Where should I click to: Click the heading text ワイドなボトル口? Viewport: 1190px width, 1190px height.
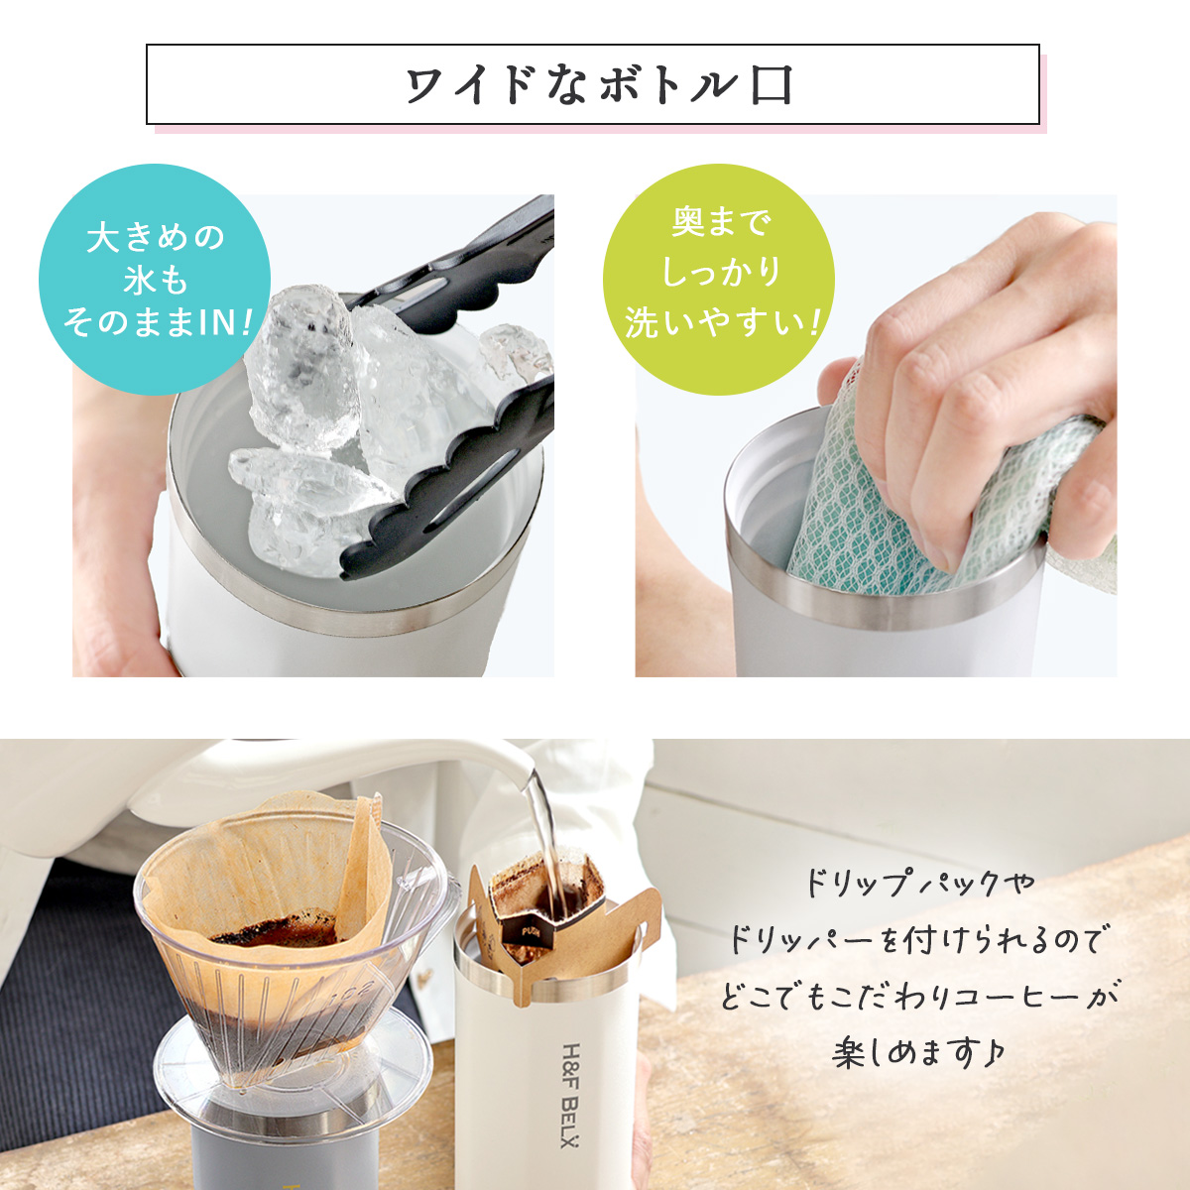pos(598,85)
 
